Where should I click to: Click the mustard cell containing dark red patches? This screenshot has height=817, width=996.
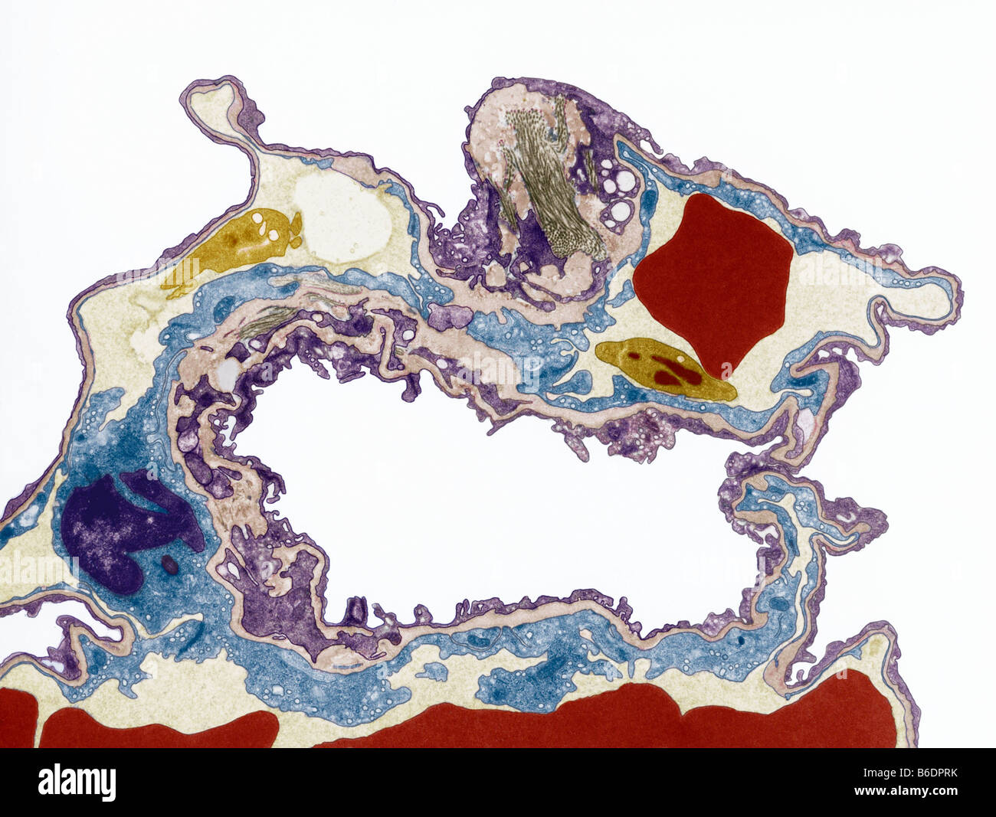663,371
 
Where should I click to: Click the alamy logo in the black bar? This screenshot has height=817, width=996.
77,783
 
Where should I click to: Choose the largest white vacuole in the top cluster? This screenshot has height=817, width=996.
625,181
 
